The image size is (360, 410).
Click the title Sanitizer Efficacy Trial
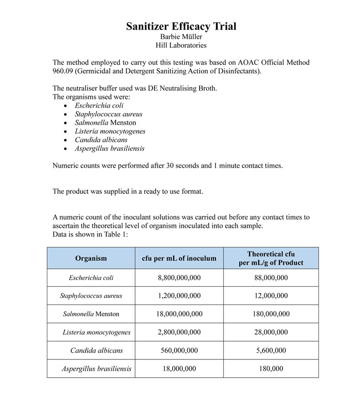coord(181,26)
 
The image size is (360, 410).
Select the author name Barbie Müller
coord(181,37)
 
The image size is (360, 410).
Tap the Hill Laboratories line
coord(181,45)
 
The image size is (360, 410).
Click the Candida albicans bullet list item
coord(101,140)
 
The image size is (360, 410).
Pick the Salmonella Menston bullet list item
coord(105,123)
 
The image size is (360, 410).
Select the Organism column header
coord(91,258)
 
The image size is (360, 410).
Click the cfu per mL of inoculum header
coord(179,258)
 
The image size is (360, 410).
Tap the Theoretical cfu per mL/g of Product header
coord(271,258)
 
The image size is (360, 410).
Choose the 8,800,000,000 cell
coord(179,277)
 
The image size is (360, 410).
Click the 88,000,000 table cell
coord(271,277)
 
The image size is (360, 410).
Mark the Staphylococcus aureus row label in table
coord(91,296)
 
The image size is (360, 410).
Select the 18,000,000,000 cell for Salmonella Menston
coord(179,314)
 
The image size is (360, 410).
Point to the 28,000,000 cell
coord(271,332)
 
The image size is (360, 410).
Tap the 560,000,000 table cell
coord(179,350)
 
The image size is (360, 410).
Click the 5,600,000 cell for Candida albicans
coord(271,350)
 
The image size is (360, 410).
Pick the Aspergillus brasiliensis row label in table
coord(96,369)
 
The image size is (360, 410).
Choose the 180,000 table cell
coord(271,369)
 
